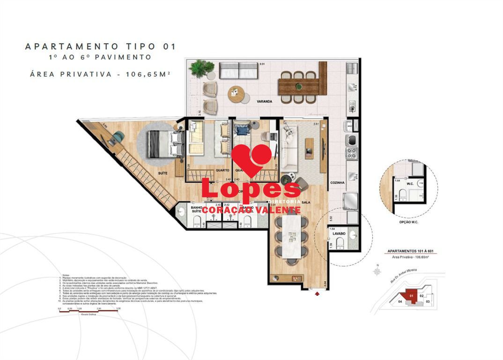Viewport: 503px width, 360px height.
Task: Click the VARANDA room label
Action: click(264, 101)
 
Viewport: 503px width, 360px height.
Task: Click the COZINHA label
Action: click(337, 182)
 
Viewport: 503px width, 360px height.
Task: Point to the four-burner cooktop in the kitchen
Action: click(351, 152)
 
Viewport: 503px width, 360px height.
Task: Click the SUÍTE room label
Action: click(163, 173)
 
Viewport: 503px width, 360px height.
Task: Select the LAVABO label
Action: click(339, 233)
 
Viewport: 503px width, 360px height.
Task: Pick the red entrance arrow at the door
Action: click(318, 293)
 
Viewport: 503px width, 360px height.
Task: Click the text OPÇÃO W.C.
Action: click(408, 222)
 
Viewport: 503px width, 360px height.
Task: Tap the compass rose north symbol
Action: click(376, 270)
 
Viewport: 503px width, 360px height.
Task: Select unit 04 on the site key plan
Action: click(400, 302)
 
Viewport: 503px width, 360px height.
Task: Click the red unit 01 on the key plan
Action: click(411, 296)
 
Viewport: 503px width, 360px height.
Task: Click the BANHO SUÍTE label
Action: click(195, 209)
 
